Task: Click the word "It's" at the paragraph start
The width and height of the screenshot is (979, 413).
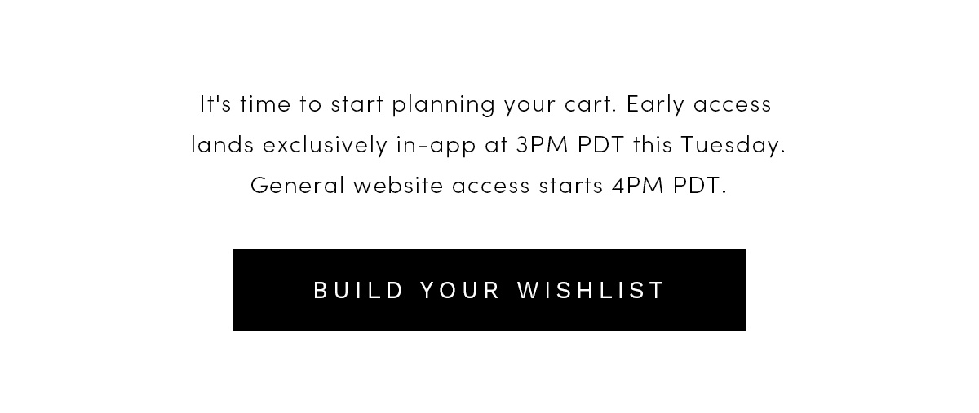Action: (215, 104)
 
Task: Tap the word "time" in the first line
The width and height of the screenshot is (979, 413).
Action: (265, 104)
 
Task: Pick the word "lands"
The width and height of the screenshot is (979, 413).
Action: (222, 144)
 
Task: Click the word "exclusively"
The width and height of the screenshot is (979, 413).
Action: (325, 145)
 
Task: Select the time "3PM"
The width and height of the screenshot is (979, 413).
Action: (542, 144)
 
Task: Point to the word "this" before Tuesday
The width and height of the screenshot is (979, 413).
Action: (653, 144)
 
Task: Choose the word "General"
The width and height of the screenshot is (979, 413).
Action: (298, 185)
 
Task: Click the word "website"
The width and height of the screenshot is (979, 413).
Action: (398, 185)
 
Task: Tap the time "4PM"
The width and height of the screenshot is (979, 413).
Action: (638, 185)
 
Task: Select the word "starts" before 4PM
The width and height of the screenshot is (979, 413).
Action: (571, 186)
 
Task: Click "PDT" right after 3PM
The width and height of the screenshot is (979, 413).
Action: (601, 144)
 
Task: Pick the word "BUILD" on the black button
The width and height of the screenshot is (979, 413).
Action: (358, 290)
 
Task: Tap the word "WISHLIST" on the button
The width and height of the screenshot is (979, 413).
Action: (591, 290)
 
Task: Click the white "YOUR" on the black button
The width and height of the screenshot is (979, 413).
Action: (460, 290)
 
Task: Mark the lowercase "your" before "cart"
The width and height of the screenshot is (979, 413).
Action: (529, 107)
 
